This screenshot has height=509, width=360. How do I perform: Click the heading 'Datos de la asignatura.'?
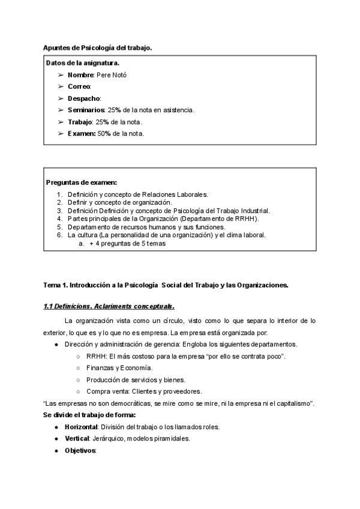(x=82, y=62)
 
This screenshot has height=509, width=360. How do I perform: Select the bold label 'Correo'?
(x=79, y=86)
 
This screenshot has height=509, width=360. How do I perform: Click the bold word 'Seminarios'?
(x=86, y=110)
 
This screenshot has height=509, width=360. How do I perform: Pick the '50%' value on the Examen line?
(x=105, y=133)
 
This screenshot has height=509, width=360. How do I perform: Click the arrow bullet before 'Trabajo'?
(x=61, y=122)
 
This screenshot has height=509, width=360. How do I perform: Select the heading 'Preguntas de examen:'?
(x=81, y=182)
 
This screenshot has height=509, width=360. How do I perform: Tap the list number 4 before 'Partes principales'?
(x=59, y=219)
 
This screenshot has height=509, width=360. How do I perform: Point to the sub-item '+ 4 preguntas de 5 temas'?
(x=127, y=244)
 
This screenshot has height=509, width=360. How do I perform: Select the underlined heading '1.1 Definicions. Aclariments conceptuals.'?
(x=109, y=307)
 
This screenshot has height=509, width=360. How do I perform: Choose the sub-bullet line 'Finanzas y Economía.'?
(x=119, y=368)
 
